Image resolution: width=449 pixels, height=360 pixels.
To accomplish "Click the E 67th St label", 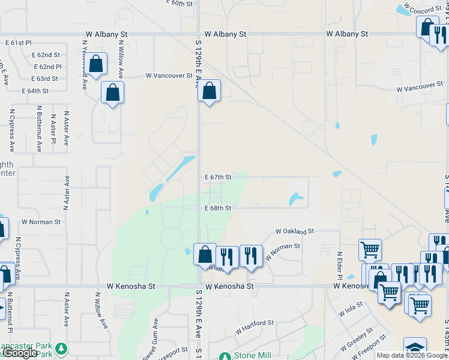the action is pyautogui.click(x=218, y=177).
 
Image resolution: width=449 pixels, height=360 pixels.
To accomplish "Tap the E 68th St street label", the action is pyautogui.click(x=218, y=208).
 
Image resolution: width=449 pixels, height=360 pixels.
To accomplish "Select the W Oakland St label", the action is pyautogui.click(x=295, y=231).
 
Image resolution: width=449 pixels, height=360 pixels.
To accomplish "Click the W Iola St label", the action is pyautogui.click(x=351, y=310).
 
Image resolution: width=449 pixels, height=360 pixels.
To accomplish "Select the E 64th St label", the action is pyautogui.click(x=35, y=91).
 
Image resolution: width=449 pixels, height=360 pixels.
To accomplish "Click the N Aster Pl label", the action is pyautogui.click(x=53, y=124).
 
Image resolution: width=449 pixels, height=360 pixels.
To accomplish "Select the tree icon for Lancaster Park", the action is pyautogui.click(x=61, y=349).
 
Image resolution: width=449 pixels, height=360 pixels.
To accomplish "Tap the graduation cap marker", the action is pyautogui.click(x=415, y=347).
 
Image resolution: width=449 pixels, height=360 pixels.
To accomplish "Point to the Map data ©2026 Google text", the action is pyautogui.click(x=412, y=355).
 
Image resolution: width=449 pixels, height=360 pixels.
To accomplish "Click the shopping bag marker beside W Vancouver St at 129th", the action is pyautogui.click(x=209, y=92).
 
